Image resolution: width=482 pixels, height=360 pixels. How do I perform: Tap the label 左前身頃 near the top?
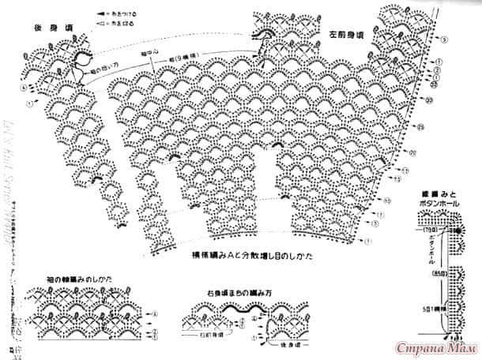[x=345, y=36]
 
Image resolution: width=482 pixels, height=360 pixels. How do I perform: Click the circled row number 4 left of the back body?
[x=24, y=88]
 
